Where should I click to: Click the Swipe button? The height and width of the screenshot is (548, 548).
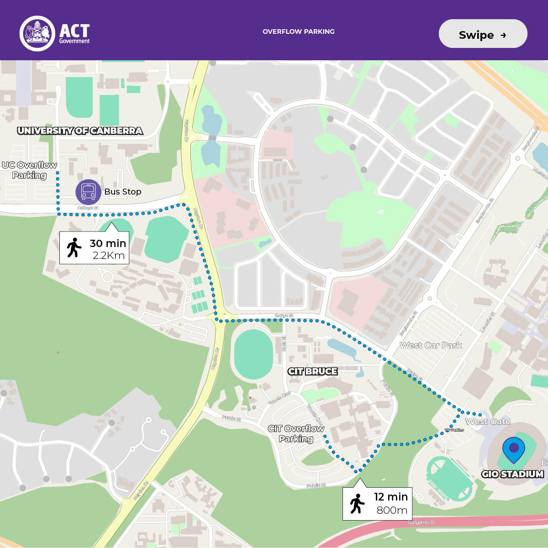(483, 34)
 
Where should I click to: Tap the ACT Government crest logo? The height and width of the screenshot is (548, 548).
(37, 33)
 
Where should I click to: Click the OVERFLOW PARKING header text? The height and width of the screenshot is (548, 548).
(298, 32)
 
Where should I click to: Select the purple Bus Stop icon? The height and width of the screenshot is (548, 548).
(88, 192)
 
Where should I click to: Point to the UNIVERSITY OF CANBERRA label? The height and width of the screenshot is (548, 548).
(80, 131)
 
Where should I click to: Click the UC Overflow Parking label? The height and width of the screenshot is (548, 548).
(29, 170)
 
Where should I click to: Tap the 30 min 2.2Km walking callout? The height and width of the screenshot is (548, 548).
(94, 248)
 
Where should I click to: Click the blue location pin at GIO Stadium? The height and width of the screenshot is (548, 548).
(513, 449)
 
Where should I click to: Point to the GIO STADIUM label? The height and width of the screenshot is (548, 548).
(512, 474)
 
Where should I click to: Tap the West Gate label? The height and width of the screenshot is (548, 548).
(488, 422)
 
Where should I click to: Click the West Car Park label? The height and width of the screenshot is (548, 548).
(431, 346)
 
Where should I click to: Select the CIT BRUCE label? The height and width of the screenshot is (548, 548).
(313, 371)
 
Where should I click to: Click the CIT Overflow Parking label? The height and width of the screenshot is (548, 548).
(296, 433)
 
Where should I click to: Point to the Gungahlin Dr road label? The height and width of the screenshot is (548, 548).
(421, 522)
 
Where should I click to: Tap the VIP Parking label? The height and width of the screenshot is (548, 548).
(454, 430)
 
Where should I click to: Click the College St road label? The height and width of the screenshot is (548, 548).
(88, 208)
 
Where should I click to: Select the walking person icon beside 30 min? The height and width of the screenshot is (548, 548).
(74, 248)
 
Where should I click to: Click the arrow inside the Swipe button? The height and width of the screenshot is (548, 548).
(503, 35)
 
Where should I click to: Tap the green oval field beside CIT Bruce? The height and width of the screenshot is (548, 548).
(253, 354)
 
